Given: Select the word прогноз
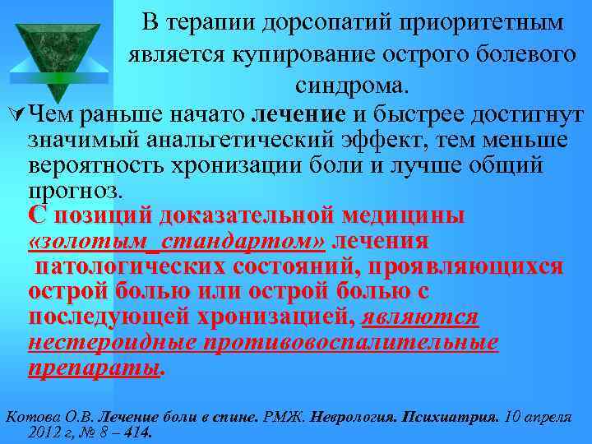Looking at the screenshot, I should (74, 191).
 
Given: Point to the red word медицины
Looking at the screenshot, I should (403, 216).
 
